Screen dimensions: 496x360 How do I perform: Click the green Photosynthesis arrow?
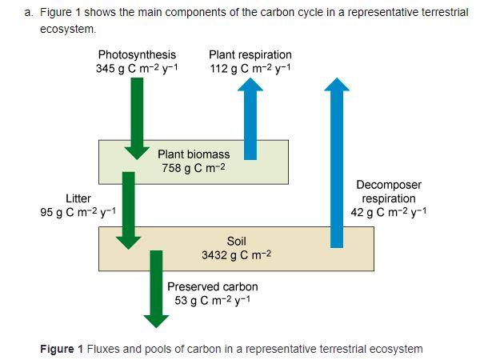138,112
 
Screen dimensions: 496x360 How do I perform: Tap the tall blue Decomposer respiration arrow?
338,160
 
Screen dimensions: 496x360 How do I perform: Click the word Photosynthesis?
137,54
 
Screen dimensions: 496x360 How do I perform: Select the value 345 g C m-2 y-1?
137,68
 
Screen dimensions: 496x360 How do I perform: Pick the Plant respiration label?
250,54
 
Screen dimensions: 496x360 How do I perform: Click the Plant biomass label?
194,154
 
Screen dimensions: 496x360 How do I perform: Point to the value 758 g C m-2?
194,168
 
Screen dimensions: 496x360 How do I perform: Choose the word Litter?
78,198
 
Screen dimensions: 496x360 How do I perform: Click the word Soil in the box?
237,241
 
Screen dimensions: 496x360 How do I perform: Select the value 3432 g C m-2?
237,255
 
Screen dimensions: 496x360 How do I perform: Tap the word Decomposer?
389,185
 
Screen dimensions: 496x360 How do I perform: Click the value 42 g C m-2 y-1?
389,213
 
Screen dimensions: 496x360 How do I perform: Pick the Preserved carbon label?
213,286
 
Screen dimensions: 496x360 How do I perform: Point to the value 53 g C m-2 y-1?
213,300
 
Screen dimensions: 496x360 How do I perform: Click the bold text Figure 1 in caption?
62,349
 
